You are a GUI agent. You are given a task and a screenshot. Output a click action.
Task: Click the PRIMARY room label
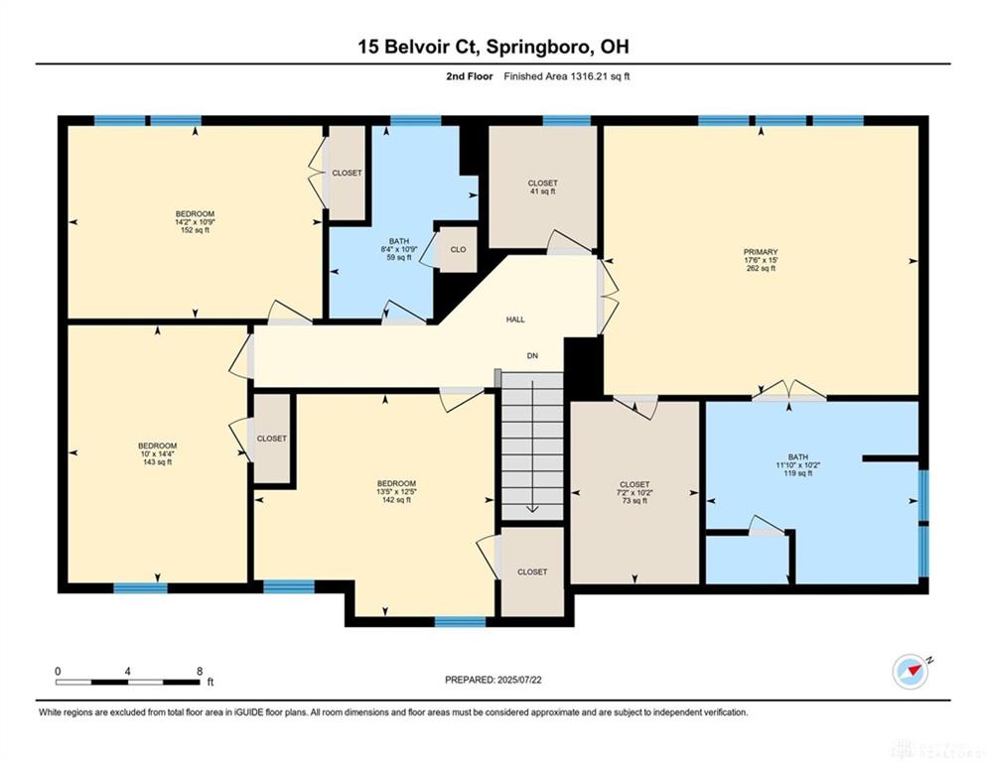pyautogui.click(x=761, y=252)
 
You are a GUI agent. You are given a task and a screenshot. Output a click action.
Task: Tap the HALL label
pyautogui.click(x=515, y=319)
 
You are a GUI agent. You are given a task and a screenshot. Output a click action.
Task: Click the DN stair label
pyautogui.click(x=532, y=355)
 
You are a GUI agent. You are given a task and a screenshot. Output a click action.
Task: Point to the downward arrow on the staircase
pyautogui.click(x=532, y=446)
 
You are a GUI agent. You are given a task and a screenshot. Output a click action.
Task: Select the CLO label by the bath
pyautogui.click(x=459, y=249)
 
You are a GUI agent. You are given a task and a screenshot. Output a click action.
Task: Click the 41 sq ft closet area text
pyautogui.click(x=543, y=190)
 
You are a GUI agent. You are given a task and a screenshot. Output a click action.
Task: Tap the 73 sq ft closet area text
pyautogui.click(x=634, y=501)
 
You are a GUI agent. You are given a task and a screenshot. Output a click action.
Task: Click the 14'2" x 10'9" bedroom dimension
pyautogui.click(x=195, y=221)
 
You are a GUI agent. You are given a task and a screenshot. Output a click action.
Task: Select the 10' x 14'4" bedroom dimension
pyautogui.click(x=157, y=453)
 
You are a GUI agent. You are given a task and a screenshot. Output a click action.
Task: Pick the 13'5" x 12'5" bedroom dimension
pyautogui.click(x=397, y=492)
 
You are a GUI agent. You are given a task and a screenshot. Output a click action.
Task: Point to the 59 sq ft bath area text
pyautogui.click(x=399, y=257)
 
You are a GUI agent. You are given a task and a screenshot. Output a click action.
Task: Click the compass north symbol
pyautogui.click(x=911, y=672)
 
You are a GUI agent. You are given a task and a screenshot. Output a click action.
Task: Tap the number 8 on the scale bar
pyautogui.click(x=200, y=671)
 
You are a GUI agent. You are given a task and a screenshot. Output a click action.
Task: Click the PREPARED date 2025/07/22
pyautogui.click(x=519, y=679)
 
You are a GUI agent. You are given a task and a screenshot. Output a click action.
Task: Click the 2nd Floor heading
pyautogui.click(x=470, y=76)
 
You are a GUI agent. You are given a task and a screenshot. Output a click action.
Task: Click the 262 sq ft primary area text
pyautogui.click(x=761, y=268)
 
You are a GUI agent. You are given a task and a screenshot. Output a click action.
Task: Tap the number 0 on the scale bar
pyautogui.click(x=58, y=671)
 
